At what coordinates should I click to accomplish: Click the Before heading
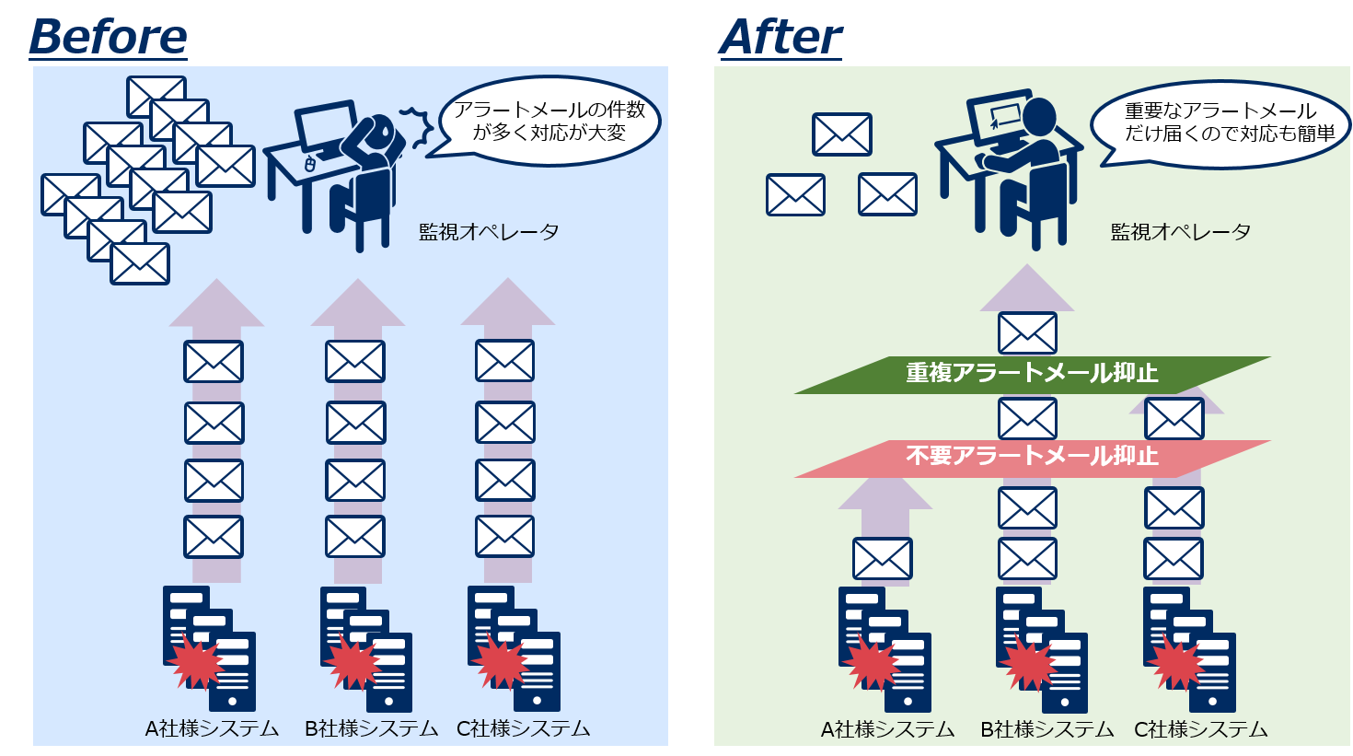point(108,38)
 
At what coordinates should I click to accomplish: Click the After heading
point(781,38)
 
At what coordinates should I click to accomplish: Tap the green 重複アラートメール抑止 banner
point(1032,374)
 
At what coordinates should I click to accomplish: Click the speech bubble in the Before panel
point(549,122)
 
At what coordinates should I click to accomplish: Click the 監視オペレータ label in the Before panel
point(489,232)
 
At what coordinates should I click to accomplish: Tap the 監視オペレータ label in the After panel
point(1181,232)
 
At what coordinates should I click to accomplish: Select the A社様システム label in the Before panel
point(212,729)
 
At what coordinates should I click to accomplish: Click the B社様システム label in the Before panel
point(371,729)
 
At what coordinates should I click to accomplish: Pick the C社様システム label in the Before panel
point(524,729)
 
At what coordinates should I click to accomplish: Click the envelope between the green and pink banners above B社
point(1027,418)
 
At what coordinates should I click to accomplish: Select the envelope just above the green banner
point(1027,333)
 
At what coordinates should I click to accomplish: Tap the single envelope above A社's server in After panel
point(883,559)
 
